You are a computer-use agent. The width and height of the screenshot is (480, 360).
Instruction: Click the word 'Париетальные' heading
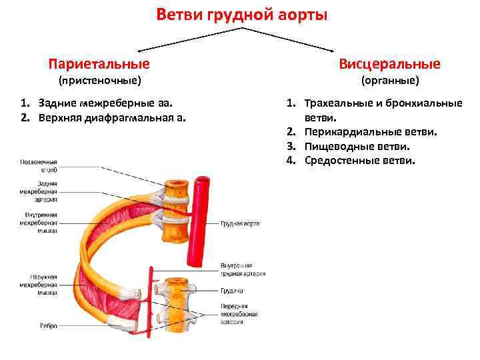click(99, 64)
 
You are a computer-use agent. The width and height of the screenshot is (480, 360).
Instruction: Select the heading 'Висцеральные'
click(389, 64)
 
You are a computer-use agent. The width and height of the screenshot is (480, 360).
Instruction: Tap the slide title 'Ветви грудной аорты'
click(242, 14)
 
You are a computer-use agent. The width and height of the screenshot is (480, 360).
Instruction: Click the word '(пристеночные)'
click(99, 81)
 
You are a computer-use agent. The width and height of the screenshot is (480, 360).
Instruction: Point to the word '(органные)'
click(390, 81)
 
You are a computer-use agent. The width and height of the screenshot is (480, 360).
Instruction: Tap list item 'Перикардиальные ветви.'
click(371, 132)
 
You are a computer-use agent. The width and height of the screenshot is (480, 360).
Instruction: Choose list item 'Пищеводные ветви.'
click(357, 146)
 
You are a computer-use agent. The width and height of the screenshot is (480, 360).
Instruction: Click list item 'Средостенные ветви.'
click(360, 160)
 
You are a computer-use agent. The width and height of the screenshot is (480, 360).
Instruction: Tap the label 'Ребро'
click(48, 326)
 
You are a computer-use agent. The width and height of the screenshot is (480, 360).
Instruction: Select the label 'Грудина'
click(231, 291)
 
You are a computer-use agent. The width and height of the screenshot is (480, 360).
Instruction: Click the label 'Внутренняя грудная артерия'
click(243, 269)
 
